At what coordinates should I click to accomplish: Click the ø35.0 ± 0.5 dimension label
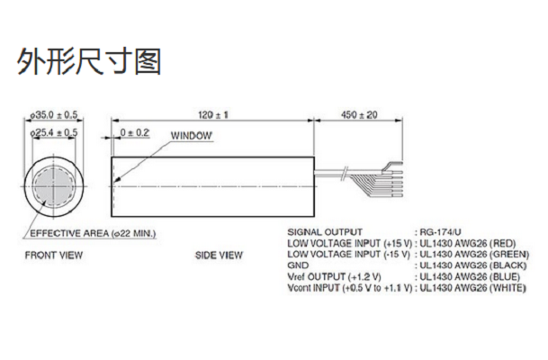[54, 114]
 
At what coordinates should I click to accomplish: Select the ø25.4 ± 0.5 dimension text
[54, 132]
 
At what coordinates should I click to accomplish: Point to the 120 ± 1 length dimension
[212, 114]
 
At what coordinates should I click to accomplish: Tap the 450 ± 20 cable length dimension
[359, 114]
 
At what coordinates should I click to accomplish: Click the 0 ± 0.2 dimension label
[135, 133]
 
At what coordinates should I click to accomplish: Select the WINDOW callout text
[191, 136]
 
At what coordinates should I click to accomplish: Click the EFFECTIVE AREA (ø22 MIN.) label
[93, 233]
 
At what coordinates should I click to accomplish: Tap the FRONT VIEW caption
[53, 256]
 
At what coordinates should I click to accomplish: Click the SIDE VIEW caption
[219, 256]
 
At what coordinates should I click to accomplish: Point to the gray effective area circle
[54, 187]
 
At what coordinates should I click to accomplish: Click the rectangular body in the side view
[212, 187]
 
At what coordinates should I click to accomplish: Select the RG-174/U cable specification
[439, 231]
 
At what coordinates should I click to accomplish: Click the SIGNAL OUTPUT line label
[324, 231]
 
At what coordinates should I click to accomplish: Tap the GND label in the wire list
[297, 266]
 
